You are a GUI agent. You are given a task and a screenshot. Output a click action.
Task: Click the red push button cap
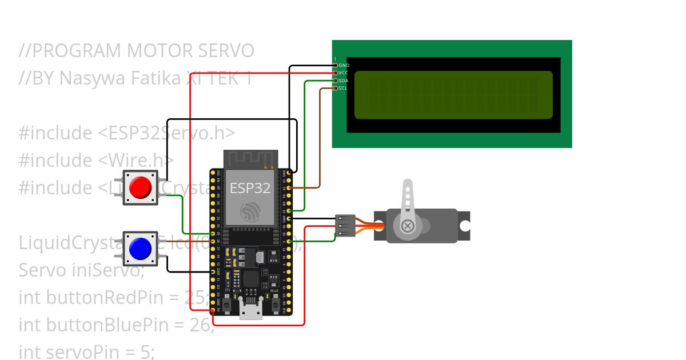[141, 187]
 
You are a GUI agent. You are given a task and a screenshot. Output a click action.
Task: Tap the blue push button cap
[141, 249]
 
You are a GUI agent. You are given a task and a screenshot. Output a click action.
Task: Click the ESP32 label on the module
[250, 188]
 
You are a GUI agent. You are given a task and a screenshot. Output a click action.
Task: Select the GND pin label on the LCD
[344, 65]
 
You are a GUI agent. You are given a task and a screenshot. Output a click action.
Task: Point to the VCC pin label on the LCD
[344, 73]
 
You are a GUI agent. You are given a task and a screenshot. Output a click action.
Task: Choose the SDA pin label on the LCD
[344, 81]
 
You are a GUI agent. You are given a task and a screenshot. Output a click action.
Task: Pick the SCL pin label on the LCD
[343, 88]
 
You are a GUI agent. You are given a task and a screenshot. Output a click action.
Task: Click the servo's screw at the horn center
[408, 226]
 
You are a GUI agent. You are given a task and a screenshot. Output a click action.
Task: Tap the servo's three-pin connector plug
[345, 226]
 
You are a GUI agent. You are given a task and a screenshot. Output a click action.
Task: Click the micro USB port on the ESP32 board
[250, 312]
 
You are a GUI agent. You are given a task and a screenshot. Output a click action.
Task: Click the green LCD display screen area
[453, 95]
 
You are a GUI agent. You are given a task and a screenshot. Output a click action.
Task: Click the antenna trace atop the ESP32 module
[250, 158]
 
